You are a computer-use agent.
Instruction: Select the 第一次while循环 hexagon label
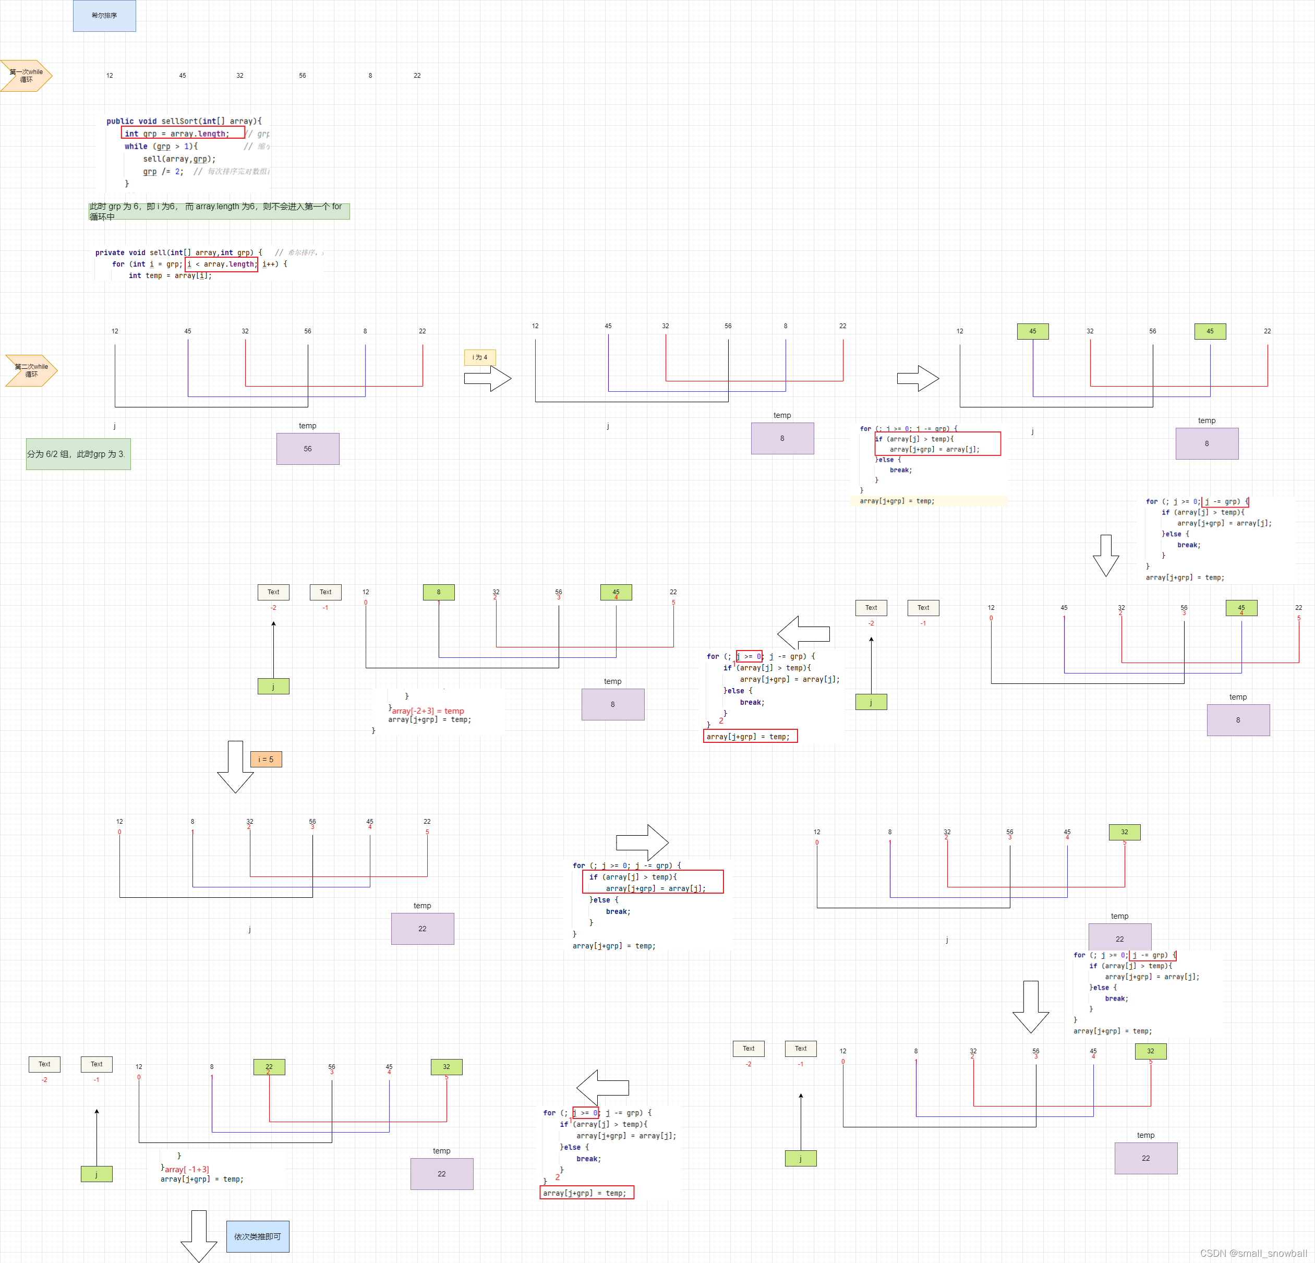click(26, 76)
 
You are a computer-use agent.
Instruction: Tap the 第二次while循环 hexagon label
click(31, 370)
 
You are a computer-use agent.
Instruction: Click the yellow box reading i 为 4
click(480, 357)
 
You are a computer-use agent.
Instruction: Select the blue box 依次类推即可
click(258, 1236)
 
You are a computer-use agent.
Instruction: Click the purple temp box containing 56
click(307, 448)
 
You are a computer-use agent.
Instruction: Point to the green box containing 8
click(439, 592)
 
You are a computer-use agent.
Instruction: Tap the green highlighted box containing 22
click(269, 1066)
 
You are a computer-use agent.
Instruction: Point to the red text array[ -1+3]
click(187, 1169)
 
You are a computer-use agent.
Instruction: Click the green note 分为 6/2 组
click(78, 454)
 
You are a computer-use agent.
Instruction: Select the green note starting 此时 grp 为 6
click(219, 211)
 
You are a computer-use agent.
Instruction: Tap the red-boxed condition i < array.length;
click(221, 264)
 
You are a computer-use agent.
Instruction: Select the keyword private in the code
click(110, 253)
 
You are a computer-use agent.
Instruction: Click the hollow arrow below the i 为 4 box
click(488, 379)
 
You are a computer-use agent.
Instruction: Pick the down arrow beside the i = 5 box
click(235, 766)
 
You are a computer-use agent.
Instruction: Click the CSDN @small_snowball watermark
click(1252, 1253)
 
